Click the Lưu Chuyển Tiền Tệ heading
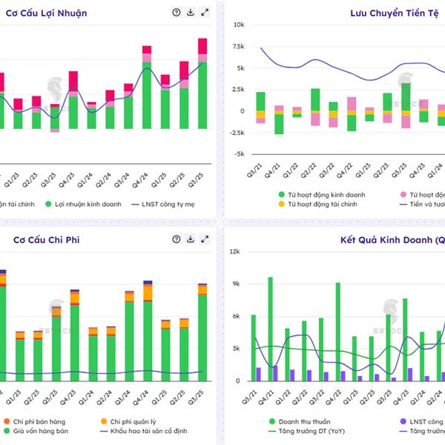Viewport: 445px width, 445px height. pos(397,13)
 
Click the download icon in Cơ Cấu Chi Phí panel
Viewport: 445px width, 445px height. pos(191,240)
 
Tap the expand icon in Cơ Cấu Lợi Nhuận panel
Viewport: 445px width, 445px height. pos(205,13)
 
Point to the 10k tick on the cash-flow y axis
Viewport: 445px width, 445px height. pos(240,25)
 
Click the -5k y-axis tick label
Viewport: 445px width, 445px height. pos(239,154)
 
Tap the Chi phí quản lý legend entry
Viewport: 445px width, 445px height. pos(129,420)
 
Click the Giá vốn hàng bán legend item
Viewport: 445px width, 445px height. pos(42,430)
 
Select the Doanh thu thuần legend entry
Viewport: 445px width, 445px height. pos(297,420)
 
